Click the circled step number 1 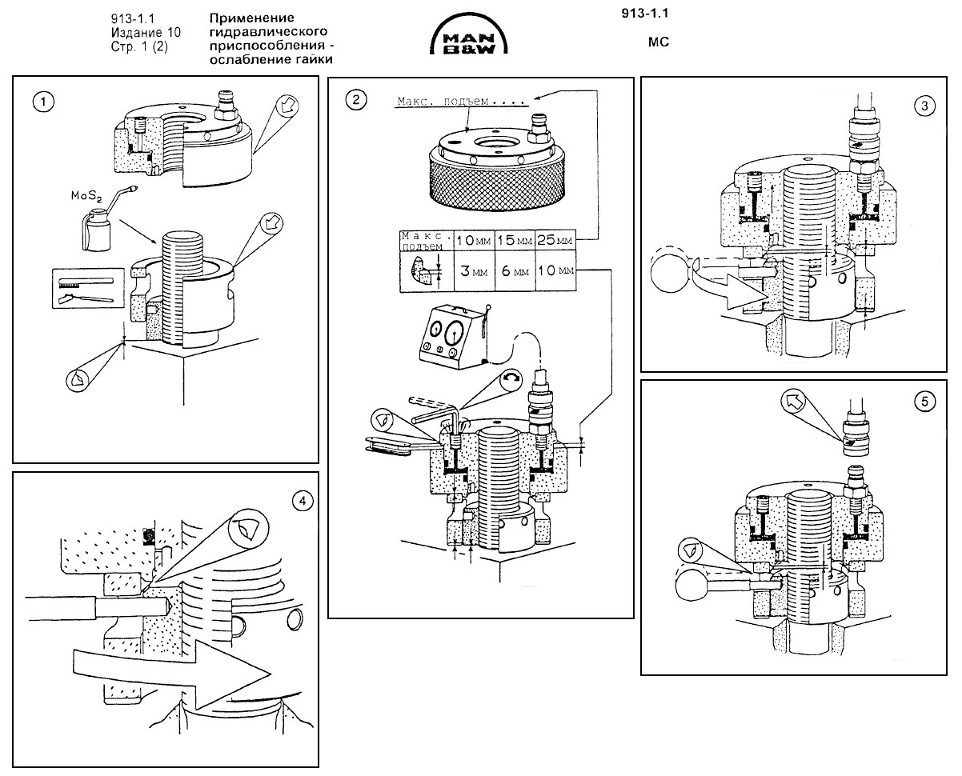coord(41,102)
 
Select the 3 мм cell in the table coord(471,271)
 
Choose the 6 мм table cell coord(513,271)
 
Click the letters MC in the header coord(658,43)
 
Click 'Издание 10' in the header coord(146,33)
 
